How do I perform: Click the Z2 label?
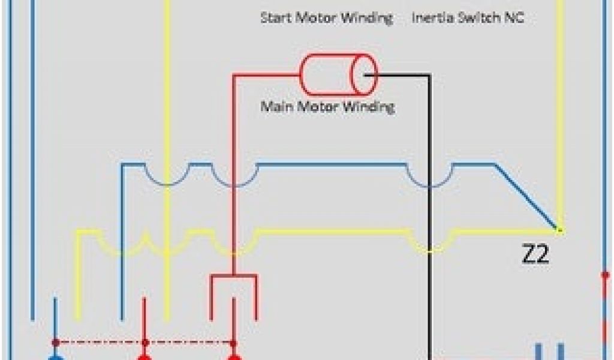click(x=535, y=256)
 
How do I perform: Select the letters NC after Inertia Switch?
click(x=515, y=18)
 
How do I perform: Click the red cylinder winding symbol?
click(x=338, y=75)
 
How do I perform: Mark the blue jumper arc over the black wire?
click(x=429, y=178)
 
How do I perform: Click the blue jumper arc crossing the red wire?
click(x=234, y=178)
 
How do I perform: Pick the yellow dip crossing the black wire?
click(x=429, y=243)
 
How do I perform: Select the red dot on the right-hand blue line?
click(x=605, y=275)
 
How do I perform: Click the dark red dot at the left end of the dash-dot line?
click(x=55, y=343)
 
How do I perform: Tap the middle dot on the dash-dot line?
click(x=144, y=343)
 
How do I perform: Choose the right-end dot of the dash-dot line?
click(x=233, y=343)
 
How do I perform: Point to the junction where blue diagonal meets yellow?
click(x=558, y=229)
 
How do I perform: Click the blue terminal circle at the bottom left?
click(x=55, y=358)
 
